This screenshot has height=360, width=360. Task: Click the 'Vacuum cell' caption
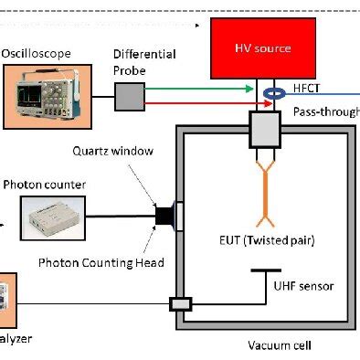point(280,345)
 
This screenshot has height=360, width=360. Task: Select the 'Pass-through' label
point(325,111)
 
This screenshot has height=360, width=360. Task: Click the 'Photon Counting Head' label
point(101,264)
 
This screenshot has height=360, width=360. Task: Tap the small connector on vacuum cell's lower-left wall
point(180,302)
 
